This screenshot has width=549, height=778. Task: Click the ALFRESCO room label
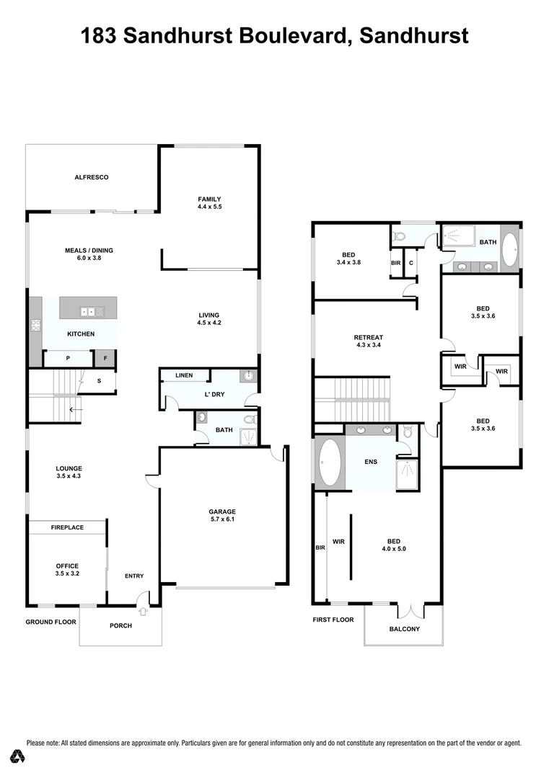pyautogui.click(x=91, y=176)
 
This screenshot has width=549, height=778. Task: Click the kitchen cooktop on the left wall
pyautogui.click(x=35, y=325)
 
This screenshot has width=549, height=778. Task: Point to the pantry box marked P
pyautogui.click(x=68, y=357)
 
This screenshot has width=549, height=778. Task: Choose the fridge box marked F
pyautogui.click(x=105, y=357)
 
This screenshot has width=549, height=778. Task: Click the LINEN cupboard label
pyautogui.click(x=185, y=375)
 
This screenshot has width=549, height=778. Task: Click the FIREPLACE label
pyautogui.click(x=67, y=527)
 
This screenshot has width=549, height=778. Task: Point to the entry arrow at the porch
pyautogui.click(x=143, y=611)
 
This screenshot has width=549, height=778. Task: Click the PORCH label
pyautogui.click(x=120, y=625)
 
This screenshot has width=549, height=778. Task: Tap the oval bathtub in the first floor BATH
pyautogui.click(x=509, y=250)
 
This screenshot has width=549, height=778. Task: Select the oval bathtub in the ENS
pyautogui.click(x=330, y=462)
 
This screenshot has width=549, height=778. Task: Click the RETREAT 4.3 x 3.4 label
pyautogui.click(x=368, y=341)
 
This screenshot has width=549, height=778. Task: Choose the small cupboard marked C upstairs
pyautogui.click(x=410, y=263)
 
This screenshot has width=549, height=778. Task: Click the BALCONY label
pyautogui.click(x=404, y=629)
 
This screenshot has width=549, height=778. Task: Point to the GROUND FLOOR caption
pyautogui.click(x=50, y=622)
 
